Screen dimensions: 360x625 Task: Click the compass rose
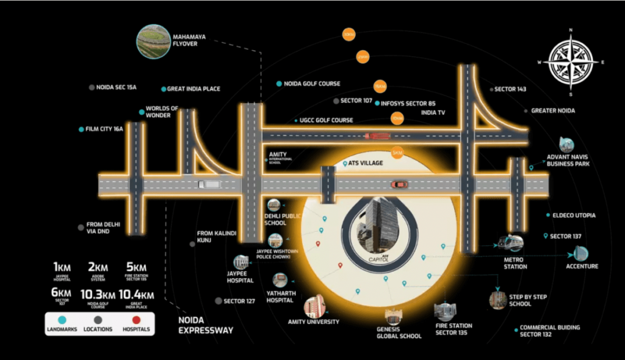tap(571, 62)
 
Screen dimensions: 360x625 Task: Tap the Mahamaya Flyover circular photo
tap(153, 41)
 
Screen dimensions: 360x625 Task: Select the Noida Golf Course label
tap(311, 84)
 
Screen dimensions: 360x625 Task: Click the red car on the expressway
tap(399, 184)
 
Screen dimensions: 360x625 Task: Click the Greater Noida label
tap(553, 111)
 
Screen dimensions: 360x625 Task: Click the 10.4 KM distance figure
tap(137, 295)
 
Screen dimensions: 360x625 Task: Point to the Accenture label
tap(582, 267)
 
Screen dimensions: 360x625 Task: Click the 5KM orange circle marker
tap(397, 153)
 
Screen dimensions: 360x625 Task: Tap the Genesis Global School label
tap(399, 332)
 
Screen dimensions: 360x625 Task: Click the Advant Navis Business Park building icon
tap(566, 145)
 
